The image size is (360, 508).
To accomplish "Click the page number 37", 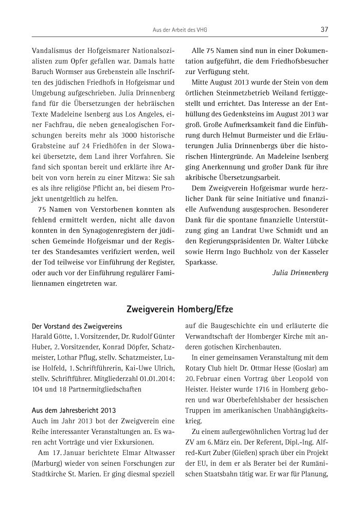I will [324, 29].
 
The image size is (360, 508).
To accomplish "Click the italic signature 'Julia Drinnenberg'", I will [300, 272].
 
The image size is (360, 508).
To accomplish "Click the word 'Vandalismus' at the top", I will [52, 51].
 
